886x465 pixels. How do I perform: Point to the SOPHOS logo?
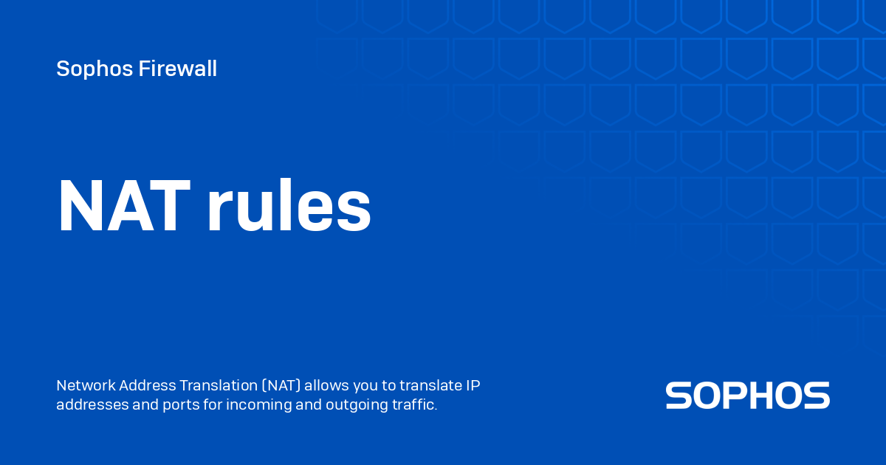pos(747,396)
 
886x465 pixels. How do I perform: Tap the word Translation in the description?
pos(217,386)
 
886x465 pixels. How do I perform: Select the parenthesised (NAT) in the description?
pos(280,386)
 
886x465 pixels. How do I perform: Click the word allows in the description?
pos(325,386)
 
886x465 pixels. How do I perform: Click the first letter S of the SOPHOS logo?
pos(679,396)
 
